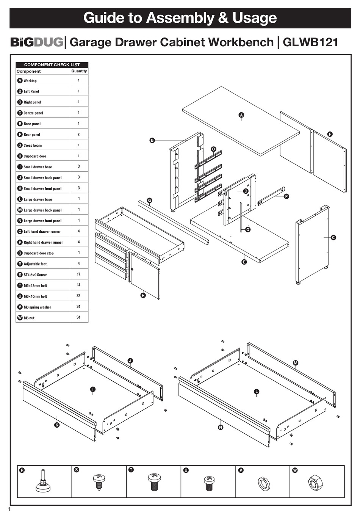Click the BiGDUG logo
coord(36,42)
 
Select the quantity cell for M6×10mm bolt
coord(78,296)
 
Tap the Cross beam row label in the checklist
coord(33,145)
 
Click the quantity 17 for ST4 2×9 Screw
coord(78,274)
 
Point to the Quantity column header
coord(79,71)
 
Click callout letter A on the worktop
coord(241,115)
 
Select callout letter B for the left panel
coord(152,140)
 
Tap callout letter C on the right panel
coord(333,238)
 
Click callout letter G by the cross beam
coord(149,200)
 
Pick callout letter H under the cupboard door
coord(143,295)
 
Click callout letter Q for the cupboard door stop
coord(248,229)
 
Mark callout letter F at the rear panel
coord(330,134)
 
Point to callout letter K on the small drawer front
coord(57,425)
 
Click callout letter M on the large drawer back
coord(296,363)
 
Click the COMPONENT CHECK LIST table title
coord(52,65)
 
